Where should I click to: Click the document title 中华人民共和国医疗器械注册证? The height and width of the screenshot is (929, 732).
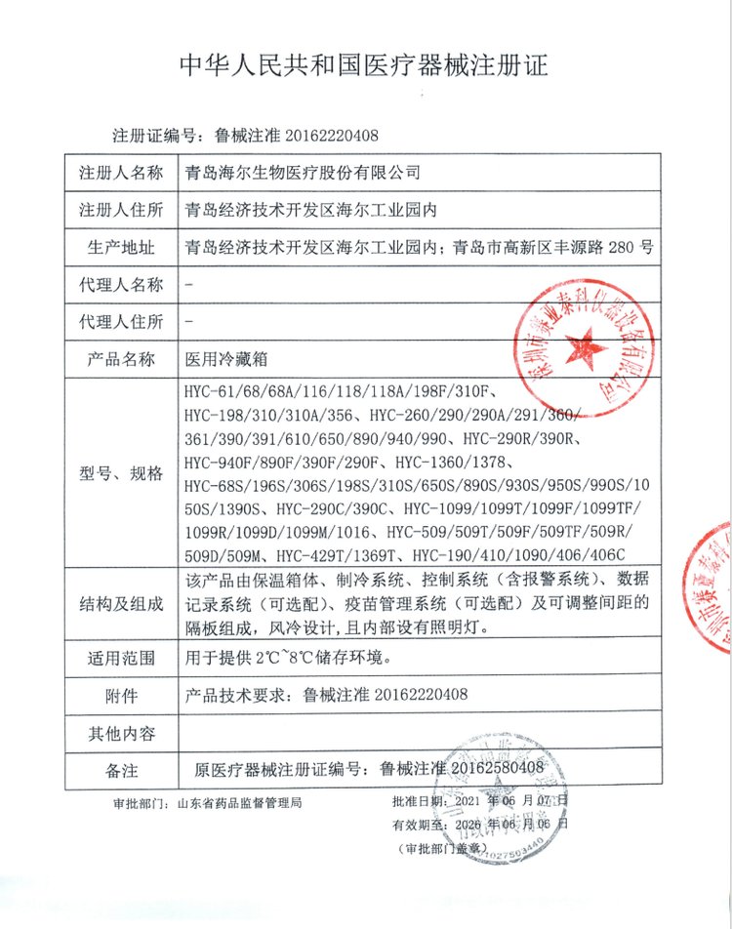[365, 66]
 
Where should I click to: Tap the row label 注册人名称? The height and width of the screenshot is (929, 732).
[121, 173]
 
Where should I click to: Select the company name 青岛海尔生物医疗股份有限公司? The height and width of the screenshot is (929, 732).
[304, 173]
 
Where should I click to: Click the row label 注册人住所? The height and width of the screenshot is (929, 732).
[121, 209]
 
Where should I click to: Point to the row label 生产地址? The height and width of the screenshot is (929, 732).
[121, 246]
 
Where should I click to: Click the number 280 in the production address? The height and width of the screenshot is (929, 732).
[622, 246]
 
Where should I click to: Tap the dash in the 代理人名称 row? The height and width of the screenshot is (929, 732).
[187, 284]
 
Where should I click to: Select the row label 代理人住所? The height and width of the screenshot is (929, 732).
[121, 321]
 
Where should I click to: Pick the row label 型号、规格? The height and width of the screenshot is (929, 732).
[121, 473]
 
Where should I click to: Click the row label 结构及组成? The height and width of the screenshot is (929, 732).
[121, 605]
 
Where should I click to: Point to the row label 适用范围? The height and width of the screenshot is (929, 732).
[121, 658]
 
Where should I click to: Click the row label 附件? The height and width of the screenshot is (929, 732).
[121, 696]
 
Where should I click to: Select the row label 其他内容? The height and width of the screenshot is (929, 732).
[121, 732]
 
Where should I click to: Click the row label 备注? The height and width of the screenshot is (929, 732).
[121, 769]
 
